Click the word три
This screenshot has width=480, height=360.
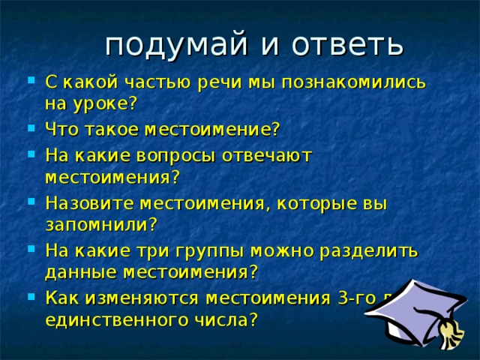pos(190,250)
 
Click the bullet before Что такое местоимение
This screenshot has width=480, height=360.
pos(29,128)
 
